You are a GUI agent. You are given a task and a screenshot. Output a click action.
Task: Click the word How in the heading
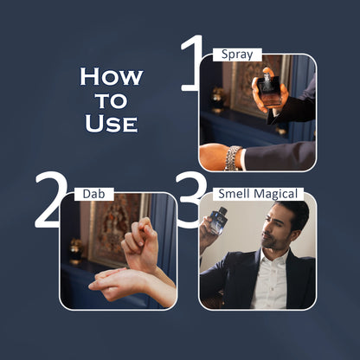point(112,77)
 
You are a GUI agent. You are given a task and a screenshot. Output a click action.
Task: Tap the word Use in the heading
point(111,123)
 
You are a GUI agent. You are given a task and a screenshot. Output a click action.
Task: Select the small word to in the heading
point(112,100)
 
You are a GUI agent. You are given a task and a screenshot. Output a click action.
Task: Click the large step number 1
point(191,63)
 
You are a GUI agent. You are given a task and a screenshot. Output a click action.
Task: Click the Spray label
point(237,55)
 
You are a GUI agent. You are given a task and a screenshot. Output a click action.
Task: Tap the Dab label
point(93,194)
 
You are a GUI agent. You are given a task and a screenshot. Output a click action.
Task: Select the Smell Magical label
point(258,194)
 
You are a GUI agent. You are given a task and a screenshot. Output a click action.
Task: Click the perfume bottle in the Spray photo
point(269,89)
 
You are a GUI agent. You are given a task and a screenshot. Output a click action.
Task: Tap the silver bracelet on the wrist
point(233,158)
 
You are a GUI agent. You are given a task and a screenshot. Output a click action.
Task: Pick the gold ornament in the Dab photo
point(76,249)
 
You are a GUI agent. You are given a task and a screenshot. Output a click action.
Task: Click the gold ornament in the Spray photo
point(217,98)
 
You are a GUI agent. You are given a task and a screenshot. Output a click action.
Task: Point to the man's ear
point(295,235)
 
